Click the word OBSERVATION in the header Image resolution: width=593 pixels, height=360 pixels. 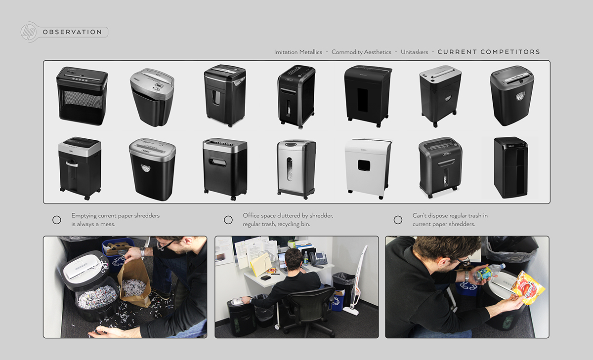tap(72, 32)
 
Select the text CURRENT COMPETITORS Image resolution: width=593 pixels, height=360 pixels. tap(489, 52)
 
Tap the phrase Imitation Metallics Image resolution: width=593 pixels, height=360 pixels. tap(298, 52)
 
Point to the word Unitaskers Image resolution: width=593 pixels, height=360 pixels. tap(414, 52)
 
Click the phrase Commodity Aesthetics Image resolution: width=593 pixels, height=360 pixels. tap(361, 52)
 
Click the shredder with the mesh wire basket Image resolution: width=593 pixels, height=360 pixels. tap(82, 95)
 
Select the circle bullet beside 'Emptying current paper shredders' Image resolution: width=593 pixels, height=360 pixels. tap(57, 220)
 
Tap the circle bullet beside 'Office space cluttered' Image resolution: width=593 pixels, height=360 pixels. tap(228, 220)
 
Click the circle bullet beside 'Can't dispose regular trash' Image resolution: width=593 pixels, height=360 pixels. tap(398, 220)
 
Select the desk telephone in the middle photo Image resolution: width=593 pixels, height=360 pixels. tap(319, 259)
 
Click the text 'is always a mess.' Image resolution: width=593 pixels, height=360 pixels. tap(93, 224)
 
